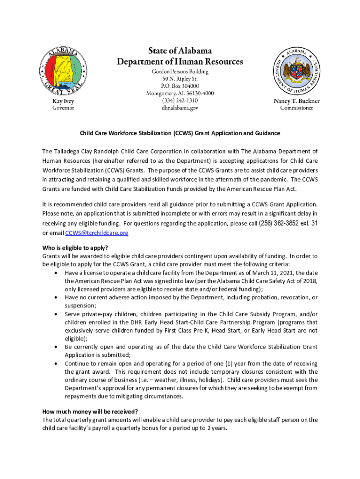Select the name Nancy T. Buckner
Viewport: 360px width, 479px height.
tap(297, 101)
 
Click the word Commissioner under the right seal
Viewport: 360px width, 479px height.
tap(297, 108)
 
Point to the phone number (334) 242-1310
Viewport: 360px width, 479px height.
tap(180, 101)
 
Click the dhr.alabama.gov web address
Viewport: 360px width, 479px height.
tap(180, 108)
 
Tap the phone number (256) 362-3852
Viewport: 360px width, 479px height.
tap(279, 223)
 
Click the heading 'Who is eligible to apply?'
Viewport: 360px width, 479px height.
tap(79, 248)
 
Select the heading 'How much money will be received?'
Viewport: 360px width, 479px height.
tap(90, 412)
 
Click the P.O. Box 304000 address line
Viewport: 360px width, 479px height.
tap(180, 86)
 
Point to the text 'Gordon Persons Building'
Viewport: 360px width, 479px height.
tap(180, 72)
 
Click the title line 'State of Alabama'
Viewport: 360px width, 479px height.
tap(180, 51)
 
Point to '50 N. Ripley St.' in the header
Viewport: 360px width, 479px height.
tap(180, 79)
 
